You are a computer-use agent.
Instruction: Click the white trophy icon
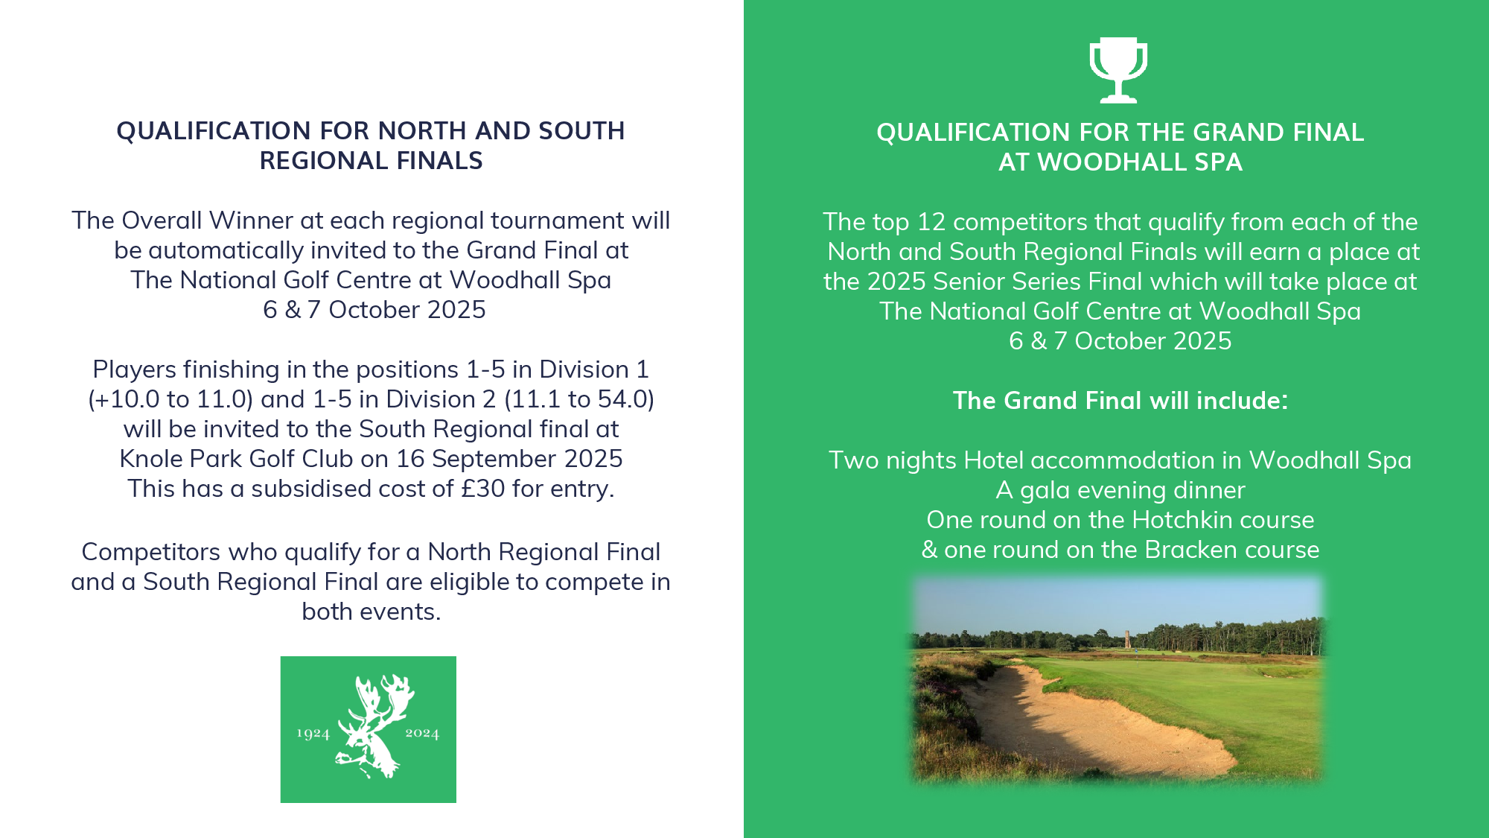1118,69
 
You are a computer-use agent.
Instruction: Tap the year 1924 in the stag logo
313,734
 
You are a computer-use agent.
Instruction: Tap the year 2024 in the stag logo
422,734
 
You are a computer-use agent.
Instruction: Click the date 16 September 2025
509,459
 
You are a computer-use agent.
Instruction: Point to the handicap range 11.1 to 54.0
579,400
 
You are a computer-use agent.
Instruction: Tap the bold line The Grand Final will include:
1120,401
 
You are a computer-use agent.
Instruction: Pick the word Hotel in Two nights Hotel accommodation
994,460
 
